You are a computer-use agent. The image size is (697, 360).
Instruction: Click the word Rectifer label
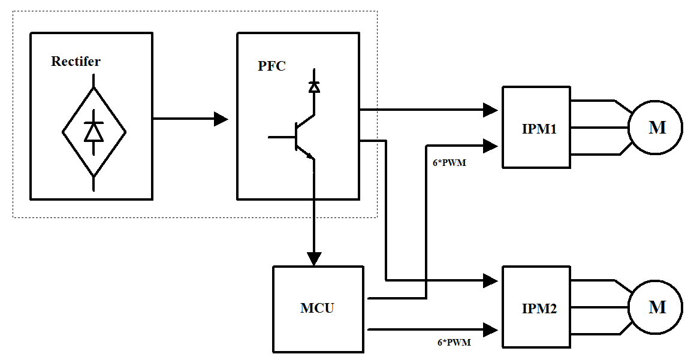[x=76, y=61]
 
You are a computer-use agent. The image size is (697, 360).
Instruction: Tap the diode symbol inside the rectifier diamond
[x=93, y=131]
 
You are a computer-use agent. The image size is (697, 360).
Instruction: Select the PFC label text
[x=271, y=66]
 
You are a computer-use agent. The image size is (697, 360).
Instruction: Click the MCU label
[x=317, y=308]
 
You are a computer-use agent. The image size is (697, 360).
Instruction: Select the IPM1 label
[x=539, y=128]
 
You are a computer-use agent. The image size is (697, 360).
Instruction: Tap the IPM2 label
[x=539, y=309]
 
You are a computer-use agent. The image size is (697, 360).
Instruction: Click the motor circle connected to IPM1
[x=655, y=128]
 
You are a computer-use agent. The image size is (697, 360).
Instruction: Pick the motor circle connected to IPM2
[x=655, y=307]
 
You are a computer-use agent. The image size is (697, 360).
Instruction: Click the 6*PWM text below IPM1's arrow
[x=449, y=162]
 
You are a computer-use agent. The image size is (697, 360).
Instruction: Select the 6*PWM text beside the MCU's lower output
[x=454, y=343]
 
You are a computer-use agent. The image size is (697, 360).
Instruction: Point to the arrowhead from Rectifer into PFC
[x=221, y=119]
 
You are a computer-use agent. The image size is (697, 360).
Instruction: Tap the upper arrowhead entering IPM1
[x=491, y=110]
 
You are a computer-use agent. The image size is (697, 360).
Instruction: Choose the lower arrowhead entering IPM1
[x=491, y=145]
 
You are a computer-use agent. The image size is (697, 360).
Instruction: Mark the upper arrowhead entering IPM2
[x=491, y=280]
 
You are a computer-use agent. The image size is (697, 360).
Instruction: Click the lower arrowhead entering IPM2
[x=491, y=329]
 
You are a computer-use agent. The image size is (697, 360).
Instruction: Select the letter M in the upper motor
[x=657, y=128]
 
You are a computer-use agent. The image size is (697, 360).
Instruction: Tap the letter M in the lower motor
[x=657, y=307]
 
